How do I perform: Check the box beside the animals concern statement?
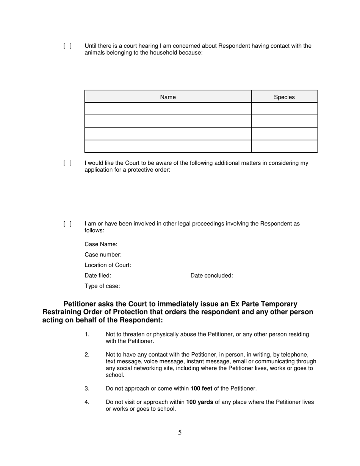coord(67,46)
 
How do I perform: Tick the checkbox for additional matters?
coord(67,163)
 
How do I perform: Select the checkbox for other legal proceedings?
coord(67,224)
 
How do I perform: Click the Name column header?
coord(168,97)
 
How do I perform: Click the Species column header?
coord(284,97)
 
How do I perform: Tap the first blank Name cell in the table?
coord(168,109)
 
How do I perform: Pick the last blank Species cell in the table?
coord(284,146)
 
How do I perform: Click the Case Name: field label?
coord(101,244)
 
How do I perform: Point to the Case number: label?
coord(103,255)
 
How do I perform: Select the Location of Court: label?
coord(108,265)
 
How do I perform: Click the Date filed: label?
coord(98,276)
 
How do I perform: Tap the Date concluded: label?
coord(211,276)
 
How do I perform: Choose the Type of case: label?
coord(102,286)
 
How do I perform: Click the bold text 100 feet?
coord(201,389)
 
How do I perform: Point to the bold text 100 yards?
coord(200,402)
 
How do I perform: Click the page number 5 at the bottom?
coord(180,433)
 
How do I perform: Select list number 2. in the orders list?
coord(87,355)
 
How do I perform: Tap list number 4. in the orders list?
coord(87,402)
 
